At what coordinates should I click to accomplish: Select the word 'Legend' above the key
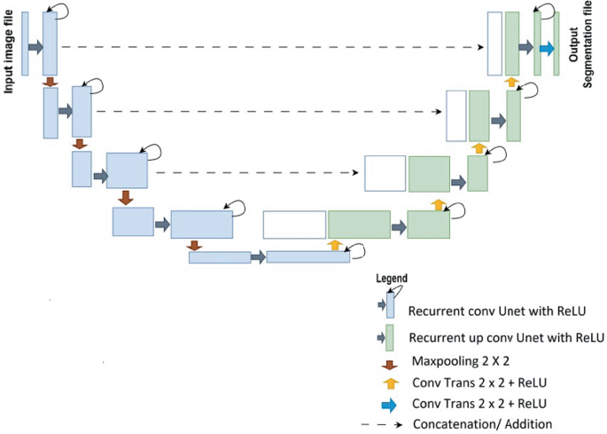click(x=392, y=278)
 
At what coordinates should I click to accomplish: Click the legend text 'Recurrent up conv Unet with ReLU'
click(x=506, y=338)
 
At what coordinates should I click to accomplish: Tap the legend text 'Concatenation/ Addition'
click(x=482, y=424)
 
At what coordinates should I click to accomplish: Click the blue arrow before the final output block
click(x=546, y=48)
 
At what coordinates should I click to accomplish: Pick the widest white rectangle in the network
click(x=294, y=225)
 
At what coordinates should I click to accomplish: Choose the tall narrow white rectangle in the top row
click(x=494, y=43)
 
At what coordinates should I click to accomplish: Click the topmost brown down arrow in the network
click(x=49, y=82)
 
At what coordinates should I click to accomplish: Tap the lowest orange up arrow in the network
click(x=335, y=244)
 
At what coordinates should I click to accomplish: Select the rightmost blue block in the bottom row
click(x=307, y=256)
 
